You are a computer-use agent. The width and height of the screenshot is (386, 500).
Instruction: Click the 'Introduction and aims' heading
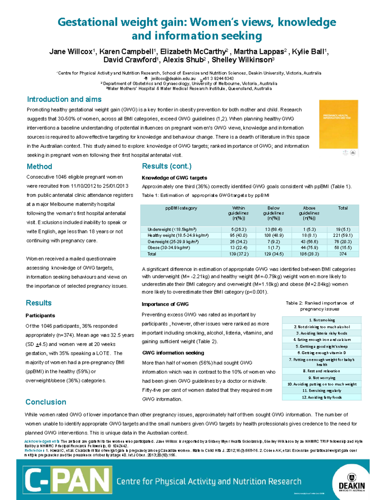tap(64, 99)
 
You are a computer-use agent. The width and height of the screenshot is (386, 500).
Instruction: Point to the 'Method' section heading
tap(39, 166)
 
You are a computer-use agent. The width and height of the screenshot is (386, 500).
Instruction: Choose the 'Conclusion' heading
tap(46, 402)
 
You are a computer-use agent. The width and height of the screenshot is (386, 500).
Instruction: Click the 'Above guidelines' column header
tap(309, 213)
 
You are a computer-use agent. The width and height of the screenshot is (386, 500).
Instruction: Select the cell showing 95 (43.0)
tap(238, 235)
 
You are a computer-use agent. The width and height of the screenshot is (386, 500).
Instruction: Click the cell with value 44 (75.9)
tap(309, 248)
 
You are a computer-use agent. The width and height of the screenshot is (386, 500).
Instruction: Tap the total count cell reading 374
tap(343, 254)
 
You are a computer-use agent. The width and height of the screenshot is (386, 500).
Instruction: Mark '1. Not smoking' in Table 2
tap(322, 320)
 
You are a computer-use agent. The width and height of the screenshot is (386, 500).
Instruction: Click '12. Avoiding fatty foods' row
tap(322, 397)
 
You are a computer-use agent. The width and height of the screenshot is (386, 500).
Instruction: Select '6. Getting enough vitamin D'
tap(322, 353)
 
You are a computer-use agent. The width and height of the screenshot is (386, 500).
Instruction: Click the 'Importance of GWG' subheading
tap(165, 304)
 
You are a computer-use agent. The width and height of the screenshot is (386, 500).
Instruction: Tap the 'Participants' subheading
tap(40, 316)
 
